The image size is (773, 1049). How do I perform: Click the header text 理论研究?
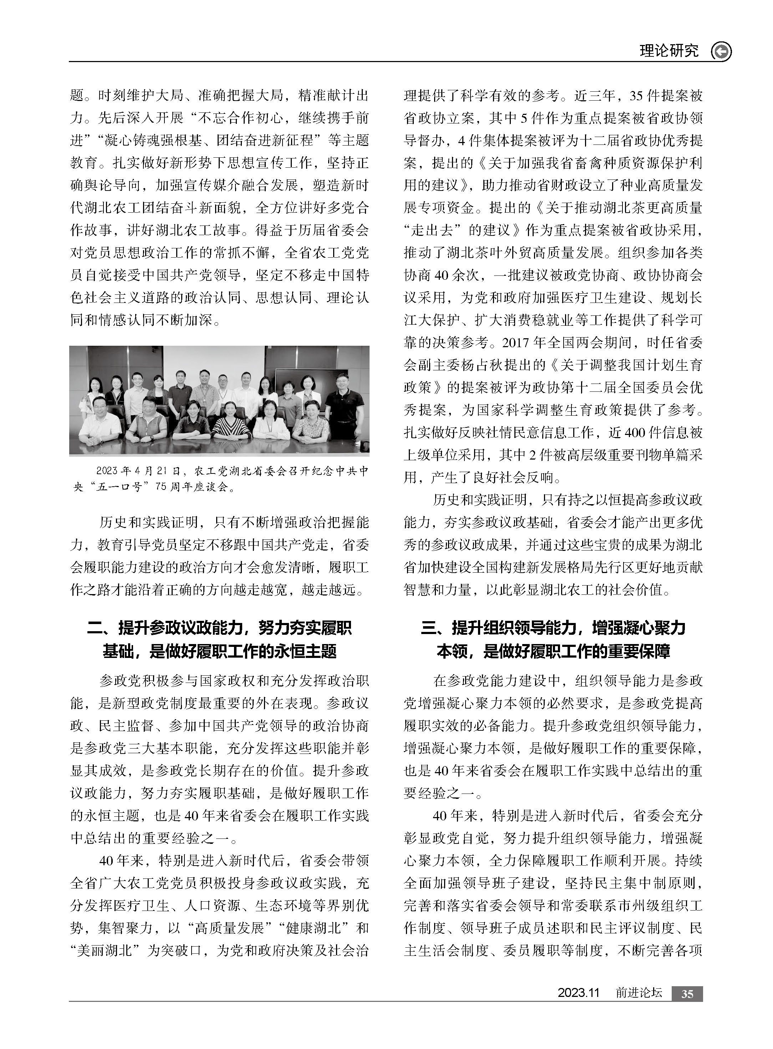click(669, 51)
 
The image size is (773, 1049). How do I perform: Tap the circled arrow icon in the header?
click(721, 51)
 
